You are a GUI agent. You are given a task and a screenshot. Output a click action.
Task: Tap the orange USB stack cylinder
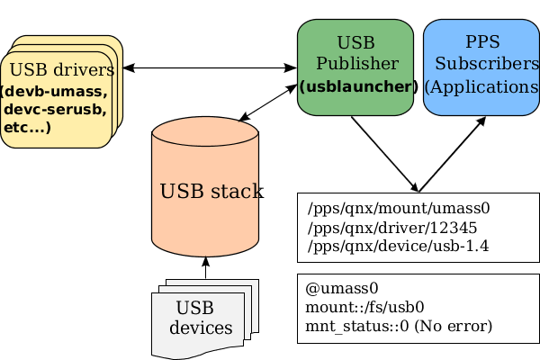click(205, 216)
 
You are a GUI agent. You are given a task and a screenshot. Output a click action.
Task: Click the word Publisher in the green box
click(356, 64)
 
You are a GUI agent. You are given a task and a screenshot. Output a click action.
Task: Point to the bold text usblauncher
click(356, 87)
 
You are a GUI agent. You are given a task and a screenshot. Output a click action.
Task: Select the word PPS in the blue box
click(482, 42)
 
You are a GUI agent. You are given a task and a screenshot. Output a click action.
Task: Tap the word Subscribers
click(487, 64)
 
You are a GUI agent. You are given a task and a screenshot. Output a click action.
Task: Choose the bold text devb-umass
click(54, 92)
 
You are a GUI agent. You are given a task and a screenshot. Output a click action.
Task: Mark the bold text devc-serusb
click(55, 110)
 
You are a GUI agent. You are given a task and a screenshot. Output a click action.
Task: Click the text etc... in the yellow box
click(27, 128)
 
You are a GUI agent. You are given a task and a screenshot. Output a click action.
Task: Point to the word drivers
click(85, 70)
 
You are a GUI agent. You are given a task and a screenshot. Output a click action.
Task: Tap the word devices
click(201, 328)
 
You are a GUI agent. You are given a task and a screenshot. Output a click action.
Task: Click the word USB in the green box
click(355, 42)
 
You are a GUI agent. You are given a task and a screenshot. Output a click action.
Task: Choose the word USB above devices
click(195, 307)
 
